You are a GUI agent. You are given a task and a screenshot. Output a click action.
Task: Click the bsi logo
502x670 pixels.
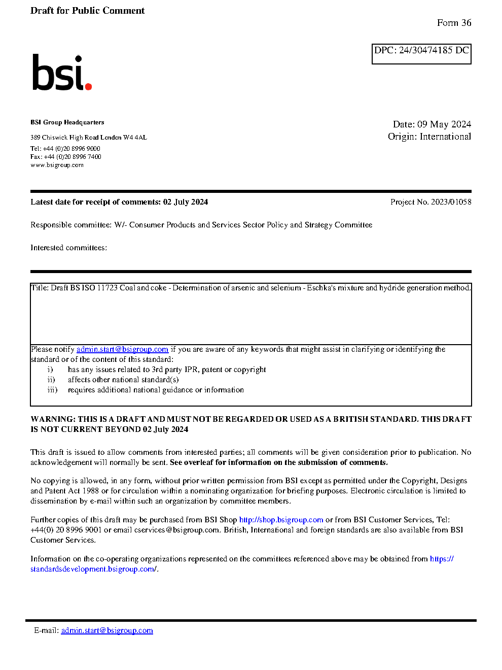coord(61,73)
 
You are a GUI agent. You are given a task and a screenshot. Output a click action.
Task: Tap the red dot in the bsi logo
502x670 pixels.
coord(88,86)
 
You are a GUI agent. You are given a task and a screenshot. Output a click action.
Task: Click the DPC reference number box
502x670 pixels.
coord(421,54)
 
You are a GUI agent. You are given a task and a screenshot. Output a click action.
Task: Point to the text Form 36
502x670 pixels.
coord(454,23)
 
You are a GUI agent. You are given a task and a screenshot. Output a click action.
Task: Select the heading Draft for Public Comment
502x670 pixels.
coord(87,11)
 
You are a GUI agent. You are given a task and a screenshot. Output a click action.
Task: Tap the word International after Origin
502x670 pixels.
coord(445,137)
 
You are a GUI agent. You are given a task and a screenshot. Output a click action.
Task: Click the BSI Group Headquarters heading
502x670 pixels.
coord(67,122)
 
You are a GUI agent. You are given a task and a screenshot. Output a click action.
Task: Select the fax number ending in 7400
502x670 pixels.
coord(73,157)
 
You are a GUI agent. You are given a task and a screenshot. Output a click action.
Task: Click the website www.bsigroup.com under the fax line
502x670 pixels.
coord(57,165)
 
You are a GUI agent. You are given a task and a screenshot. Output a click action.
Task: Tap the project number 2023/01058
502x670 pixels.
coord(451,202)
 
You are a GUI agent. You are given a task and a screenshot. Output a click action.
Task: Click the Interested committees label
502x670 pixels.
coord(68,248)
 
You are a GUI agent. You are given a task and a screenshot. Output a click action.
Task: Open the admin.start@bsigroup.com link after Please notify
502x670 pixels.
coord(122,349)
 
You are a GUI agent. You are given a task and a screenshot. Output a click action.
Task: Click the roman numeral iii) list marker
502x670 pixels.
coord(52,390)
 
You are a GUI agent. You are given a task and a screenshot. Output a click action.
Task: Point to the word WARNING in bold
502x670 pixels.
coord(53,419)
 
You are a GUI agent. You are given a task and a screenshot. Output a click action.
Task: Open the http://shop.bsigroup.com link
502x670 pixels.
coord(281,520)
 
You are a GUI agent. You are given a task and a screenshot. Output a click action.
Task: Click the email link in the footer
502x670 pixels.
coord(107,630)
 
